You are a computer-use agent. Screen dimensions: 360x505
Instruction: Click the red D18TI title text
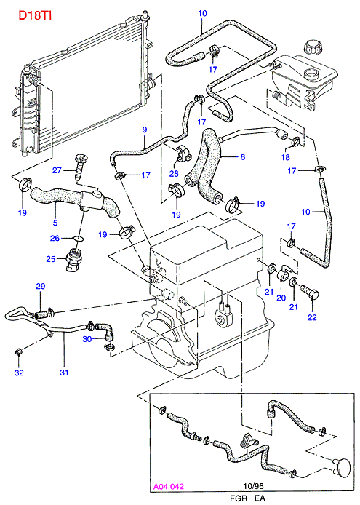(x=35, y=15)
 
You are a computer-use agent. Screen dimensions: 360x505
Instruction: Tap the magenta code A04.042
(x=169, y=486)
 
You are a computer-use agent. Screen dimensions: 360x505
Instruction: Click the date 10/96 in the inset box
(x=253, y=485)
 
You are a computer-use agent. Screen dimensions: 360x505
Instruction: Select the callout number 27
(x=57, y=170)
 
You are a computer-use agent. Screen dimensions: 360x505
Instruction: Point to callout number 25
(x=51, y=258)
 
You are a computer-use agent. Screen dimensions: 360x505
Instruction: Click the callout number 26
(x=55, y=238)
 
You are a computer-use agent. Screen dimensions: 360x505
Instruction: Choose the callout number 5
(x=55, y=222)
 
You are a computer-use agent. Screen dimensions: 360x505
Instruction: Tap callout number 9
(x=145, y=130)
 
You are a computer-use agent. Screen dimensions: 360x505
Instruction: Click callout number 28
(x=174, y=174)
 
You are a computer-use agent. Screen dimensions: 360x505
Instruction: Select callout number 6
(x=242, y=156)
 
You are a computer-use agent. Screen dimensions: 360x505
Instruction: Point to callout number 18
(x=286, y=157)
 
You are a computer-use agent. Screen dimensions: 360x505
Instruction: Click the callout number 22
(x=312, y=317)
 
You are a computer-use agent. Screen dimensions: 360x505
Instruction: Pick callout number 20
(x=281, y=298)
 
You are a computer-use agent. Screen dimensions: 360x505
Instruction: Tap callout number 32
(x=20, y=373)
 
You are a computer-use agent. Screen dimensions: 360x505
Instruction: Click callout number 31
(x=65, y=373)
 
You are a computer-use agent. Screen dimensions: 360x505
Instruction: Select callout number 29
(x=41, y=286)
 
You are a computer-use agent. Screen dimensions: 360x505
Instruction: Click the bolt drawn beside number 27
(x=79, y=167)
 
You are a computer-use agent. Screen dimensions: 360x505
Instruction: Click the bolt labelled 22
(x=311, y=291)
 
